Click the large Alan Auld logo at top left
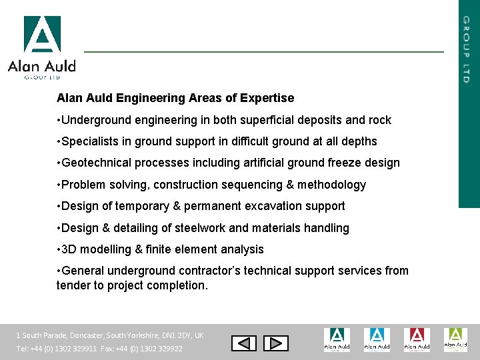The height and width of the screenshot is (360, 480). click(42, 47)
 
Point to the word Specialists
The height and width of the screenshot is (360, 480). click(90, 141)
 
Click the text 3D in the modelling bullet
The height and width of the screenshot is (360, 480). click(69, 249)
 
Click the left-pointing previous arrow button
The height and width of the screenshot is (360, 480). click(243, 343)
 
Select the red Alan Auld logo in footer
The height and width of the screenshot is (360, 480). click(416, 339)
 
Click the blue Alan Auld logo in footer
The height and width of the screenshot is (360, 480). click(377, 339)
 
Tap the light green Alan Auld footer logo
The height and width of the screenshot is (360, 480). click(455, 339)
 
